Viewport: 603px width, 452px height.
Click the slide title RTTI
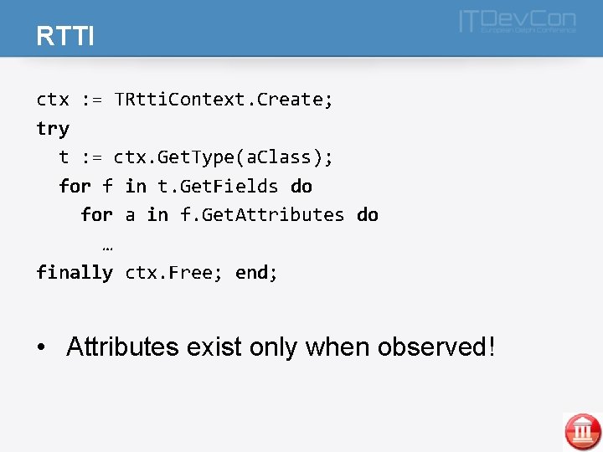pos(64,36)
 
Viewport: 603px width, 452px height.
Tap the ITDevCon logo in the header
pos(517,22)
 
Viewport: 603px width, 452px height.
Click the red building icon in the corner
pos(582,431)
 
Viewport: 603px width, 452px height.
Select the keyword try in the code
pos(53,128)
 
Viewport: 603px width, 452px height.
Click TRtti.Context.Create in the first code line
pos(224,100)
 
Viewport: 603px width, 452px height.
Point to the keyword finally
pos(75,272)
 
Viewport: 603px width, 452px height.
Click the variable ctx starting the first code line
pos(53,100)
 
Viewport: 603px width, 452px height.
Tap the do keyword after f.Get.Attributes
pos(368,214)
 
